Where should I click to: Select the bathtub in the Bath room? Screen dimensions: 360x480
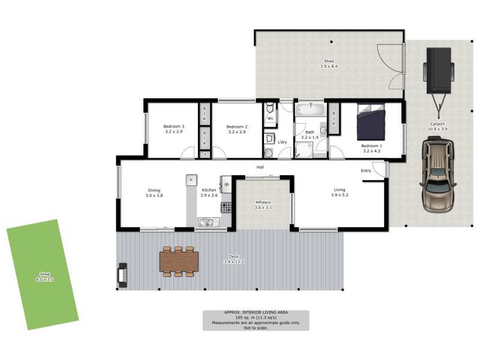[310, 110]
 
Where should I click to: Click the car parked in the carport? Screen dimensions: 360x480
[438, 175]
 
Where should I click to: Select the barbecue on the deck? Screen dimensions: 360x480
[122, 275]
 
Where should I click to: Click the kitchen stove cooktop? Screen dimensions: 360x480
[227, 208]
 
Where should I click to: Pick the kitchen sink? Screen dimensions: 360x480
[207, 223]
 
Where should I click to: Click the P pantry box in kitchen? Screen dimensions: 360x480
[191, 180]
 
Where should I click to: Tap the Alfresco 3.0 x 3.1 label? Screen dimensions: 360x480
[263, 205]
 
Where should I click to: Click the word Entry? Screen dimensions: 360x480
[366, 171]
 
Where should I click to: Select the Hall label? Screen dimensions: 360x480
[260, 167]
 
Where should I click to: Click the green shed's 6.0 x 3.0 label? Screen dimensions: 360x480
[43, 277]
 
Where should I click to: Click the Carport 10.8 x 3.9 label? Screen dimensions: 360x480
[437, 127]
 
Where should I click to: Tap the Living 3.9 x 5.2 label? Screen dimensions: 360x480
[340, 193]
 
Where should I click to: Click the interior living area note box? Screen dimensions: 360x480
[256, 320]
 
